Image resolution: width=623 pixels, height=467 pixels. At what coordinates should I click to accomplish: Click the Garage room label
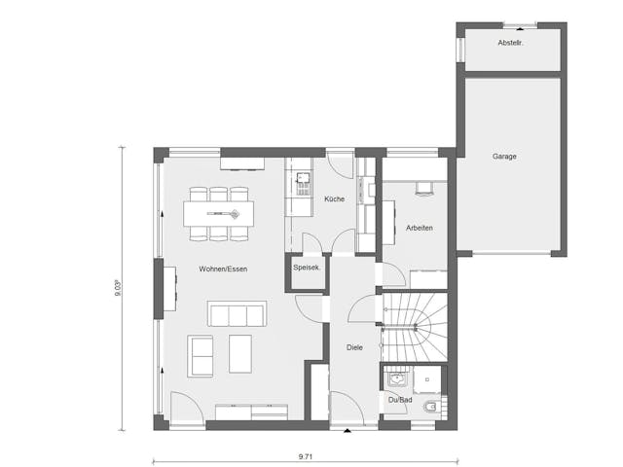point(504,156)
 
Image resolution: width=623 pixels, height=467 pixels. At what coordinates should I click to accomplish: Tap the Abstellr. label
point(510,44)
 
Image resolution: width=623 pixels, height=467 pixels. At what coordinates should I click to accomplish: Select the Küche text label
point(334,199)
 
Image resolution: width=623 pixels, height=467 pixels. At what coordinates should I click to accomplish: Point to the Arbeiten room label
point(419,228)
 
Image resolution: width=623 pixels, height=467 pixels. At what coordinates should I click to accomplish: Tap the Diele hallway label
point(354,347)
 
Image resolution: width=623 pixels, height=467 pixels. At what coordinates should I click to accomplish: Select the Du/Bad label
point(398,400)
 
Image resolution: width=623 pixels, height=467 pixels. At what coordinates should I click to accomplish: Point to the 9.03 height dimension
point(118,289)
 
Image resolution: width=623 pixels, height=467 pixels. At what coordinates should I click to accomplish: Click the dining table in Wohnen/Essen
point(219,211)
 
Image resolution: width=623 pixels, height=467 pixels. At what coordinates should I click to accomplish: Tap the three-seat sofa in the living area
point(236,314)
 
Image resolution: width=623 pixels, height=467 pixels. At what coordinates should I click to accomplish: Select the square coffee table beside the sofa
point(239,353)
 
